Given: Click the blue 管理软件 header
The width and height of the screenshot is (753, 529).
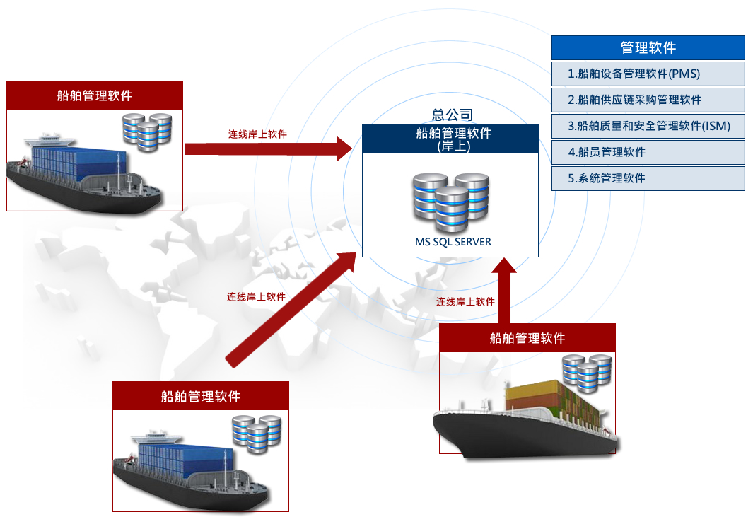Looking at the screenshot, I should [648, 47].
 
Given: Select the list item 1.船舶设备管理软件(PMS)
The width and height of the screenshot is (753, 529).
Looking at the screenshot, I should [648, 74].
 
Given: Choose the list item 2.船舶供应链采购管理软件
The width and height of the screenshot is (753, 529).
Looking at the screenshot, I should [648, 100].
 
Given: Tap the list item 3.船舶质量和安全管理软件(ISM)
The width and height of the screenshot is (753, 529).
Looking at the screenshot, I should [648, 126].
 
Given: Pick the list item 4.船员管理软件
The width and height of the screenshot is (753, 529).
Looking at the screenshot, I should [648, 152].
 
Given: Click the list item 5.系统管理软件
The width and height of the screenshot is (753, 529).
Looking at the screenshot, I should [648, 178].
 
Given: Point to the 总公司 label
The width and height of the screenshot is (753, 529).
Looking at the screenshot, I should [453, 115].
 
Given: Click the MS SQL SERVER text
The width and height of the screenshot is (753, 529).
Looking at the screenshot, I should [453, 242].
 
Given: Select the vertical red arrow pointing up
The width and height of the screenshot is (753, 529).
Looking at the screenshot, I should [505, 290].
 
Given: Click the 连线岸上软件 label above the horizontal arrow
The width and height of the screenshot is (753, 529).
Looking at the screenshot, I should [257, 134].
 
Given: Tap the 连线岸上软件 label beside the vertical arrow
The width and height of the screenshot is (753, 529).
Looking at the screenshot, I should [465, 302].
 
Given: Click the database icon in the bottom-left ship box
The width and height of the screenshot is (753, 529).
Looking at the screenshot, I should [257, 434].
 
